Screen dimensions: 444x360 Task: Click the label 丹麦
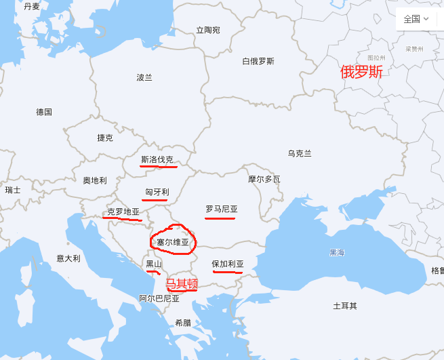pyautogui.click(x=32, y=6)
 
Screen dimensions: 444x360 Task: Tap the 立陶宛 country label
pyautogui.click(x=208, y=30)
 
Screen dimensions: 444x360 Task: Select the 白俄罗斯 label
pyautogui.click(x=258, y=61)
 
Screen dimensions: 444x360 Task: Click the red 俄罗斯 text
pyautogui.click(x=361, y=72)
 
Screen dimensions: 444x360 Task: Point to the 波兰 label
pyautogui.click(x=144, y=77)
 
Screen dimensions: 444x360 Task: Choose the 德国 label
pyautogui.click(x=44, y=112)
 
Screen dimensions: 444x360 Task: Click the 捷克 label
pyautogui.click(x=105, y=138)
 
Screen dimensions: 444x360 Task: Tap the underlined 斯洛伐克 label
pyautogui.click(x=157, y=160)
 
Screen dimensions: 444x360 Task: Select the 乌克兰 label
pyautogui.click(x=299, y=153)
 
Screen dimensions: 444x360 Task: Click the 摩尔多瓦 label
pyautogui.click(x=264, y=180)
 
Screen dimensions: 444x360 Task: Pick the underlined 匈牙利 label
pyautogui.click(x=157, y=192)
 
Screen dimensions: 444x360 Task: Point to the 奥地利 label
pyautogui.click(x=95, y=180)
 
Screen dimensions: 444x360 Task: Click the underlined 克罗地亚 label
pyautogui.click(x=123, y=212)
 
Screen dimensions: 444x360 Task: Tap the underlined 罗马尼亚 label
pyautogui.click(x=222, y=209)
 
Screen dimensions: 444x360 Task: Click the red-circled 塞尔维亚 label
pyautogui.click(x=173, y=241)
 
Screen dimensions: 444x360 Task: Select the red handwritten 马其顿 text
pyautogui.click(x=182, y=283)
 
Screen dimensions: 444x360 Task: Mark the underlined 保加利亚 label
pyautogui.click(x=227, y=264)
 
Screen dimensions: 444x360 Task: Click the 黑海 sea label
pyautogui.click(x=337, y=252)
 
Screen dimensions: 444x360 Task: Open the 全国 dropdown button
pyautogui.click(x=416, y=19)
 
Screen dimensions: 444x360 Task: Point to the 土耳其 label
pyautogui.click(x=345, y=306)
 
